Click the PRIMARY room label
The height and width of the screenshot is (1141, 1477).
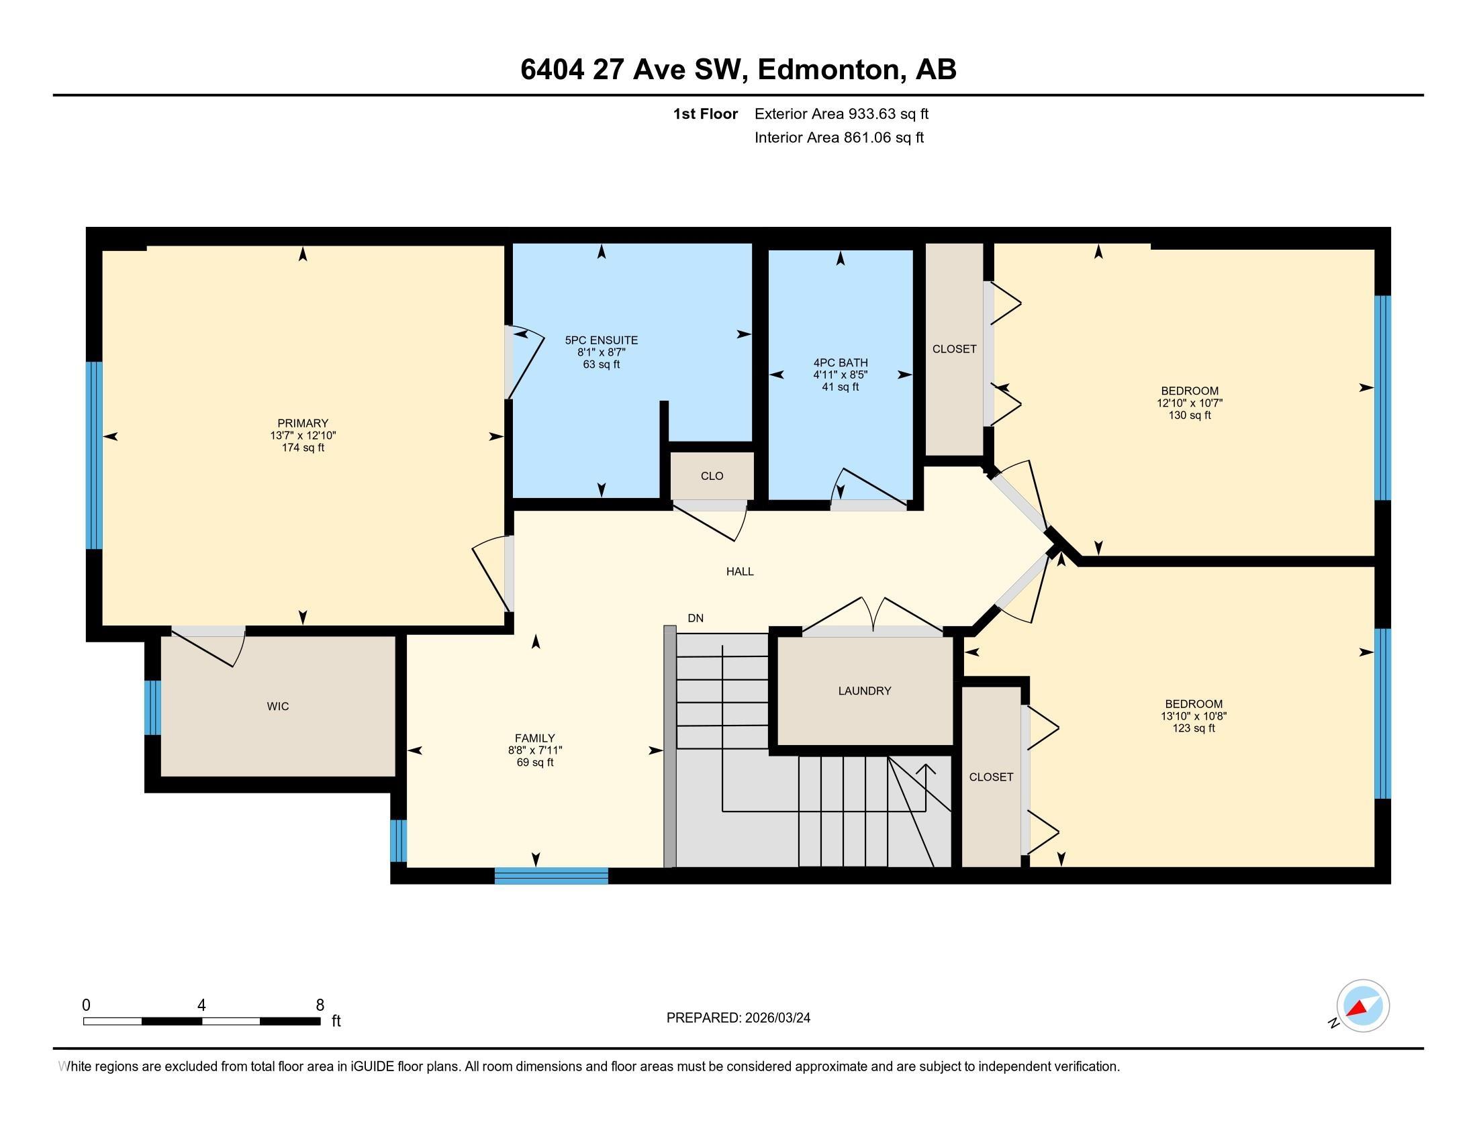pos(302,423)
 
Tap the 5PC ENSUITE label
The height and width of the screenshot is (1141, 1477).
pos(602,340)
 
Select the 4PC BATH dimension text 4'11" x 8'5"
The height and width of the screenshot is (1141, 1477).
pos(840,375)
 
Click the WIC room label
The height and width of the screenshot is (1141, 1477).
pos(277,706)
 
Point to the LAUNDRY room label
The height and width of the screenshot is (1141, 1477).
pos(864,691)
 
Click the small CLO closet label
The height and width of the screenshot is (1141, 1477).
pos(712,476)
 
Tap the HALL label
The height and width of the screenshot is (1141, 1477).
pos(740,571)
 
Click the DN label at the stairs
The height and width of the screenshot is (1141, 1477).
pos(696,617)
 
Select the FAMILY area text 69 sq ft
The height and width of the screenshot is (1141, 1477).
pos(534,762)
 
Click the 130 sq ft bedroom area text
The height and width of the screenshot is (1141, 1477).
pos(1189,415)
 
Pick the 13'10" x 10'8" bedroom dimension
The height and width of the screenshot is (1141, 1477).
pos(1194,716)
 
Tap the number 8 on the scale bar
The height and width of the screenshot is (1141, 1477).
pos(320,1005)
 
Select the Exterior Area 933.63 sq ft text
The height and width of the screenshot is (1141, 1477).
pos(841,113)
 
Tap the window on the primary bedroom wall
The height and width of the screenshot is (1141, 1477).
pos(94,455)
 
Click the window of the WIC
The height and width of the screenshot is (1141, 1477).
pos(154,707)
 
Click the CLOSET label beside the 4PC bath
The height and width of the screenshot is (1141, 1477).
pos(953,349)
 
